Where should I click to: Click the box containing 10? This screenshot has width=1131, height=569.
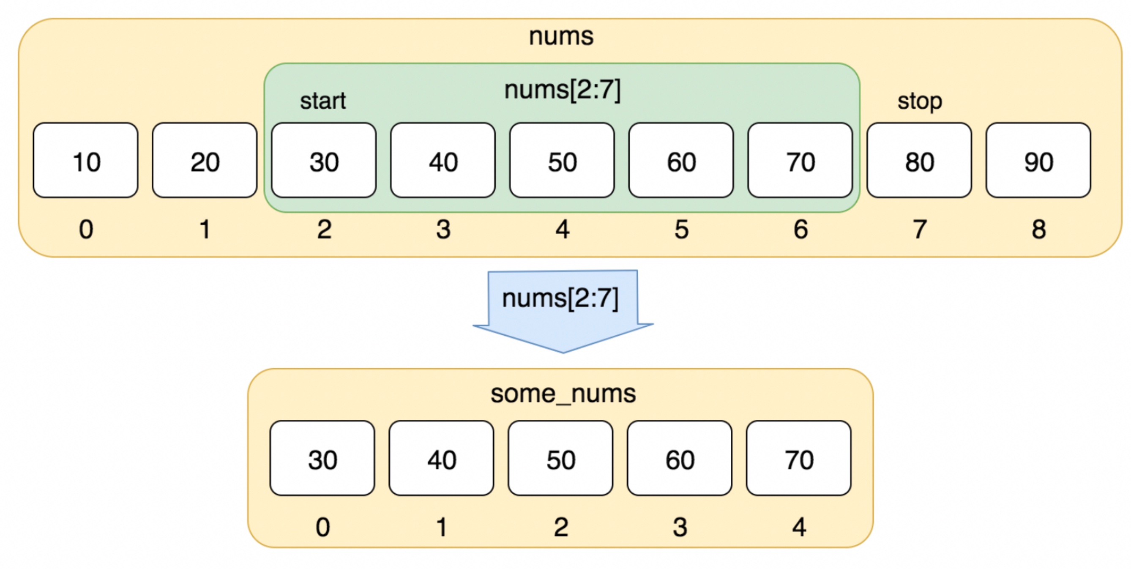click(86, 160)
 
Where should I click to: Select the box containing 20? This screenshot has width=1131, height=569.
click(205, 160)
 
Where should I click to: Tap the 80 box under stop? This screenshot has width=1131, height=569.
click(919, 160)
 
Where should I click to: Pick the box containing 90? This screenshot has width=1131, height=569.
click(1038, 160)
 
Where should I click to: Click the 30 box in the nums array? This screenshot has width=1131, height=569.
click(324, 160)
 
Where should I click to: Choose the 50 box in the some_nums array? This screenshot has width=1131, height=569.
click(561, 458)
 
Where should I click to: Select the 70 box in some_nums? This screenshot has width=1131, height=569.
click(799, 458)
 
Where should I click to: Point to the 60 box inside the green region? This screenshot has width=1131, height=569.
click(681, 160)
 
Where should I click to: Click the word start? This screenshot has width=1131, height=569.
click(323, 101)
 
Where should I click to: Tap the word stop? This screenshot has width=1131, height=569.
click(920, 102)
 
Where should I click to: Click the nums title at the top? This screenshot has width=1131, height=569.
click(561, 36)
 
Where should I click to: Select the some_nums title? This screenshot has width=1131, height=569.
click(563, 394)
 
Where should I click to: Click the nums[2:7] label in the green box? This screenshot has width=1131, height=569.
click(563, 90)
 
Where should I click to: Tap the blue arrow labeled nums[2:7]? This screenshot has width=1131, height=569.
click(563, 311)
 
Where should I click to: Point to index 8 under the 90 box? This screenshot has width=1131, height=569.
click(1039, 229)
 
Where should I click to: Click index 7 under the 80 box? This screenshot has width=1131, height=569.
click(920, 229)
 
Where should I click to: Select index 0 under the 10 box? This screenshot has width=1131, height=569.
click(86, 229)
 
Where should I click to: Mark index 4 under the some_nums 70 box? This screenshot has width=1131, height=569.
click(799, 527)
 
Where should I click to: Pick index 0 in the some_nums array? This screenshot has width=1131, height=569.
click(323, 527)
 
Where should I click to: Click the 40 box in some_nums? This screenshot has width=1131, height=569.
click(441, 458)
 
